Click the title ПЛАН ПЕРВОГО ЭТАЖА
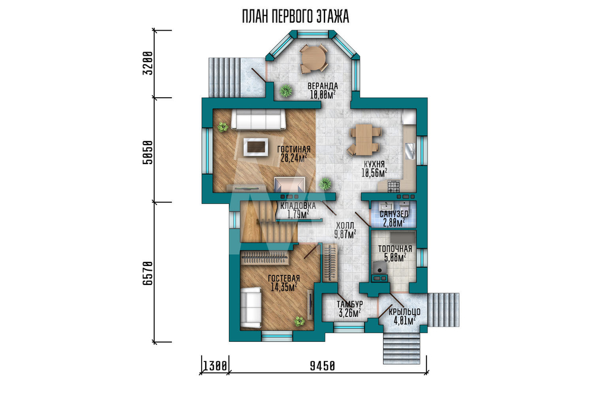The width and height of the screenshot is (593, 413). tap(295, 17)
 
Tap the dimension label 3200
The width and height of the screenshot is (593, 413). tap(148, 63)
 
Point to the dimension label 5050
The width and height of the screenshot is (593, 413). tap(148, 152)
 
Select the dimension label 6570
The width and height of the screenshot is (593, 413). tap(148, 273)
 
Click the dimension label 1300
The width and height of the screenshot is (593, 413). tap(215, 366)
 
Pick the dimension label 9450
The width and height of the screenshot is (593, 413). tap(323, 366)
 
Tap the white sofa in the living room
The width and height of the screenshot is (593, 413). tap(259, 120)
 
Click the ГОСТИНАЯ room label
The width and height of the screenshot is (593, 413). tap(294, 149)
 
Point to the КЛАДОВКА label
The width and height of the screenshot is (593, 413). tap(298, 206)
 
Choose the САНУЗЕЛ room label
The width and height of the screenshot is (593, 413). tap(394, 214)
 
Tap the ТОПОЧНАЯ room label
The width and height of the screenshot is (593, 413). tap(395, 249)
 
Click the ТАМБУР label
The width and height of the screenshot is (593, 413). tap(350, 304)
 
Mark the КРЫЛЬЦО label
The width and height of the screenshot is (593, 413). tap(404, 312)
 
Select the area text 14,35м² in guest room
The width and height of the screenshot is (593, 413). tap(284, 287)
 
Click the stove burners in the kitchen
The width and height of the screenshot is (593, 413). tap(393, 185)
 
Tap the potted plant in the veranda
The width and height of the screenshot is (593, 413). tap(286, 91)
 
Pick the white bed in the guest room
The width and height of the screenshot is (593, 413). tap(251, 308)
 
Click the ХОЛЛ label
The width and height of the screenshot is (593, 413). tap(345, 226)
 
